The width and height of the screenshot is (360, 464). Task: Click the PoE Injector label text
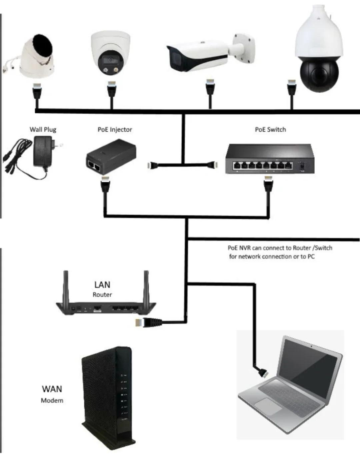coord(115,130)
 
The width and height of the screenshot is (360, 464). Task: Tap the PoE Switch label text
coord(270,130)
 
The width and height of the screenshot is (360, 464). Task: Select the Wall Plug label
coord(43,130)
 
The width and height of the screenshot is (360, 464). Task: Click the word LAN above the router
coord(102,284)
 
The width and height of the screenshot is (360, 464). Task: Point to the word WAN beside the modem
coord(52,389)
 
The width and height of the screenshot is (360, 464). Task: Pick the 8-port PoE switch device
coord(269,159)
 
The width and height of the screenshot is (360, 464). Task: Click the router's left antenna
coord(66,287)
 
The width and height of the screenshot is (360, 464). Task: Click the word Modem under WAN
coord(52,400)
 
